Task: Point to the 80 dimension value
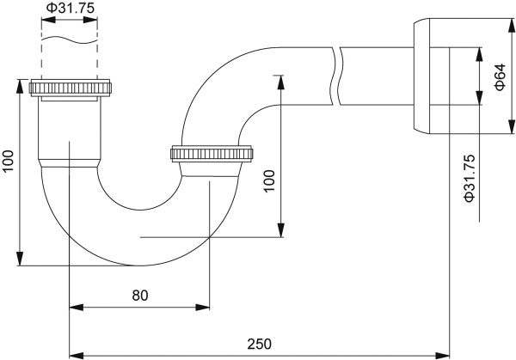coord(140,295)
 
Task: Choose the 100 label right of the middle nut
coord(269,181)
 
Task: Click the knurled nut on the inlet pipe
coord(71,88)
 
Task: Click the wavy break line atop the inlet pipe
coord(70,40)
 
